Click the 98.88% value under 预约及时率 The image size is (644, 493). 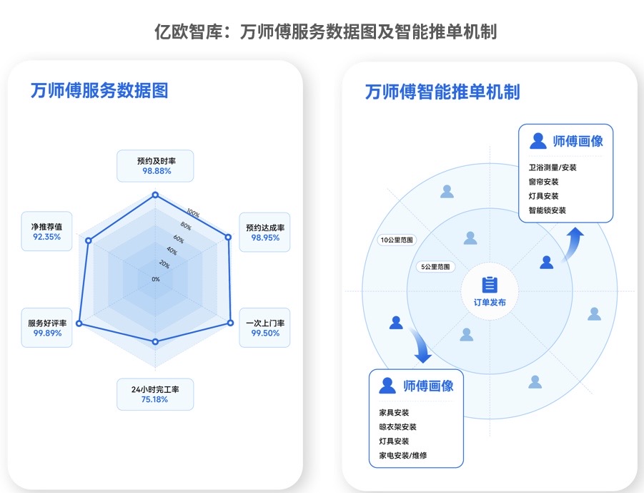click(157, 172)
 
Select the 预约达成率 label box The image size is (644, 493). click(264, 232)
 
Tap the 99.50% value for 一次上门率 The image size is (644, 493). click(264, 333)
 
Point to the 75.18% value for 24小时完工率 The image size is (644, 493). click(155, 399)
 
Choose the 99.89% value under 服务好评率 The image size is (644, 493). click(47, 333)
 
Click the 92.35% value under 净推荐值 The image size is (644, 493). click(47, 237)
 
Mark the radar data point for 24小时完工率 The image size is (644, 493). click(156, 342)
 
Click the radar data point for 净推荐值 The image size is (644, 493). click(89, 241)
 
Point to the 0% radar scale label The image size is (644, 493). click(156, 279)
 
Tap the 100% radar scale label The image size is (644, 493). click(193, 213)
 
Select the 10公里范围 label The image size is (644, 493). click(397, 240)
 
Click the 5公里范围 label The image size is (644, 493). click(436, 267)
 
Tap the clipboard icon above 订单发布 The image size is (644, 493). click(490, 284)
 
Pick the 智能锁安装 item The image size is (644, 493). click(543, 210)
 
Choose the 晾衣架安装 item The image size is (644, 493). click(397, 427)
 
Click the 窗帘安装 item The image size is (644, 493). click(539, 182)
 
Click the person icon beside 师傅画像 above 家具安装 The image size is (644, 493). click(387, 386)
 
